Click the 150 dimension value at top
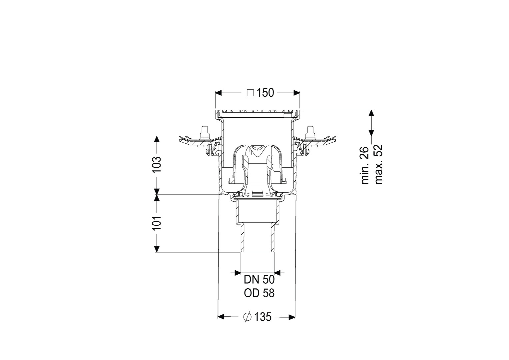265,93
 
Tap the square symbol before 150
250,93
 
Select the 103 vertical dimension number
157,165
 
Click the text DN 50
259,280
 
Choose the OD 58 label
259,293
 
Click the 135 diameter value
263,317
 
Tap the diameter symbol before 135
247,317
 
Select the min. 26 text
365,165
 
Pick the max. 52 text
378,164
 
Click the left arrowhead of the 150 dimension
219,93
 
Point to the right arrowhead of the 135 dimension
292,317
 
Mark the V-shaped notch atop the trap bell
257,152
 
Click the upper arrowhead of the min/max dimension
371,113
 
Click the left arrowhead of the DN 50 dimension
238,272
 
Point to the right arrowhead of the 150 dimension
296,93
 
